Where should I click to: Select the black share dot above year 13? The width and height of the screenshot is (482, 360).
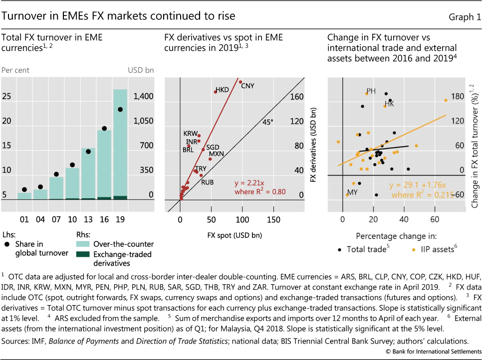click(88, 151)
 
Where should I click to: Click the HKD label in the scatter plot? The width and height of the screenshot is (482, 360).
click(222, 91)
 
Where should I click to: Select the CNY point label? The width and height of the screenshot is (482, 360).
click(247, 86)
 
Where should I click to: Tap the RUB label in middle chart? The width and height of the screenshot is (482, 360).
click(207, 182)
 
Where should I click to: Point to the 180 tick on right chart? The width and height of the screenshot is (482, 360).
click(458, 97)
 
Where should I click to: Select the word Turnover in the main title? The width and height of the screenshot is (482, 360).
click(23, 16)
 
